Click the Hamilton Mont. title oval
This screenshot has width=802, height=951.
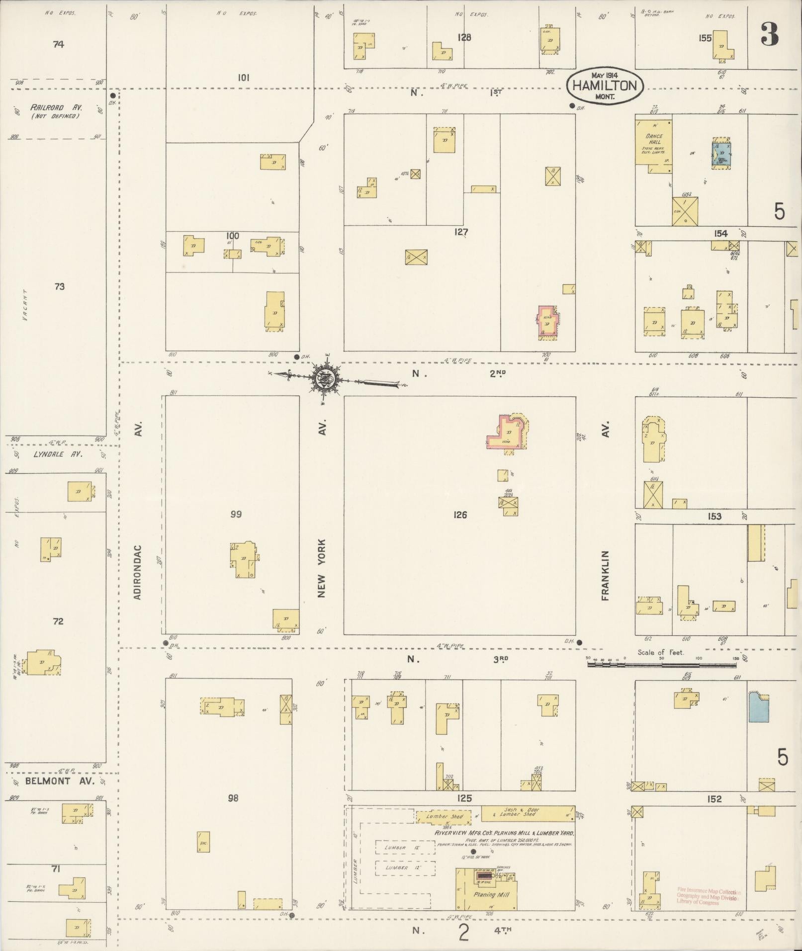tap(605, 86)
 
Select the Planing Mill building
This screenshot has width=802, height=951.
tap(487, 895)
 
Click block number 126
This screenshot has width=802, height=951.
tap(460, 515)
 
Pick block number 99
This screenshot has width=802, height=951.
tap(236, 514)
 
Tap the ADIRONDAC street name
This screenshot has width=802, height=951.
tap(138, 572)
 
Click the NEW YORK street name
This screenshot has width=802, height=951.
tap(322, 568)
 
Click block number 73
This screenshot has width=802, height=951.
tap(59, 287)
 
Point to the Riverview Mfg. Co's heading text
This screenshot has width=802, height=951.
tap(504, 833)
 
